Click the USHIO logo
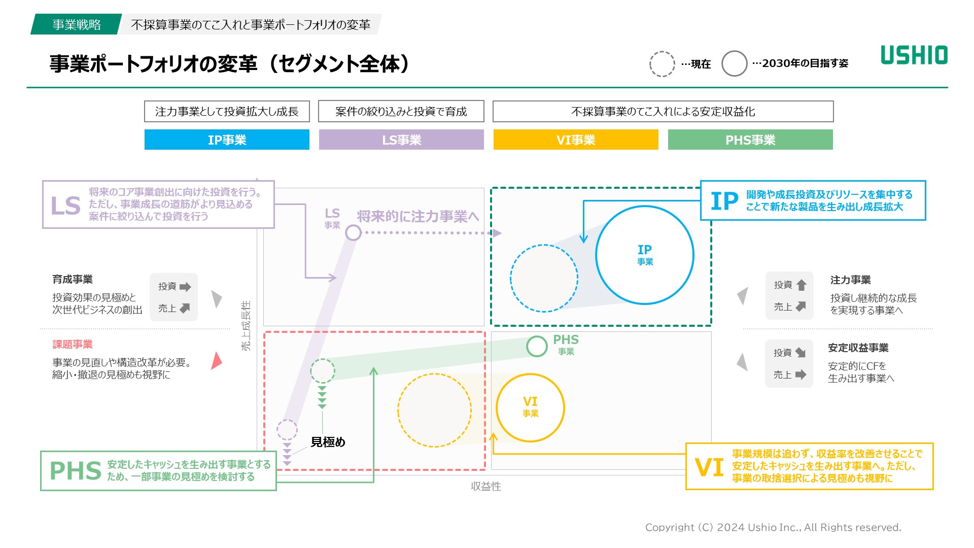tap(914, 55)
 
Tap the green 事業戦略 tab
tap(76, 24)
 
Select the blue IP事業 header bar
tap(227, 140)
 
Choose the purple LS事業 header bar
tap(401, 140)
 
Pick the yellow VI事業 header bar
tap(576, 140)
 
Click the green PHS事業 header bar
tap(750, 140)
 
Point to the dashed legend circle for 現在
tap(662, 64)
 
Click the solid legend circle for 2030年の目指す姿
tap(734, 64)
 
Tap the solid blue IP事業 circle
tap(645, 255)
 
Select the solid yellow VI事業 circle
tap(530, 407)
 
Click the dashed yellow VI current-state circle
tap(434, 410)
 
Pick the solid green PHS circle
tap(537, 347)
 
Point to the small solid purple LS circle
tap(353, 233)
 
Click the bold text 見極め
tap(328, 442)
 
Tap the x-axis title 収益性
tap(485, 487)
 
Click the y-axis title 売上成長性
tap(246, 325)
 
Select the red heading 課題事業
tap(73, 345)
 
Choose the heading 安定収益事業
tap(858, 348)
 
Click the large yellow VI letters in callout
tap(709, 467)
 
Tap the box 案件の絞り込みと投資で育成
tap(401, 112)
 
